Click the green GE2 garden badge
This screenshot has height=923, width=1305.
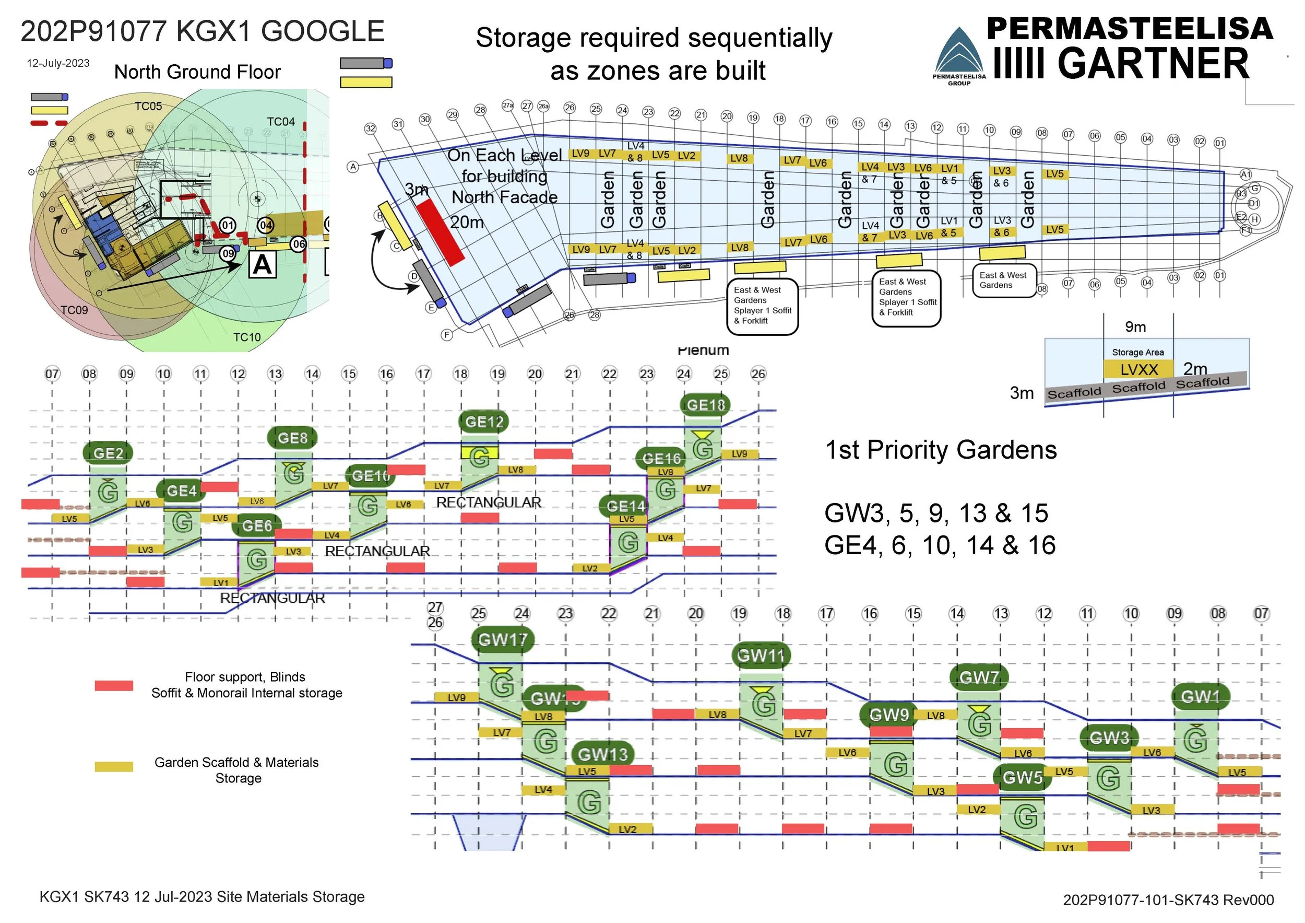108,453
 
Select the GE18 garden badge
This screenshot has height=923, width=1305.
705,405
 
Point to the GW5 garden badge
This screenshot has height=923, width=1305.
1022,777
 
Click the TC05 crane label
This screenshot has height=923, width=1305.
148,107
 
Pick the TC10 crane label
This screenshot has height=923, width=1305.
247,337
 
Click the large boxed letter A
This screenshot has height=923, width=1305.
263,265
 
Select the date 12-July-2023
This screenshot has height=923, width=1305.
58,63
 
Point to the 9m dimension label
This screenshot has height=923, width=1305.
1135,327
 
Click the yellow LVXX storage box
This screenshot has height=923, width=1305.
1138,370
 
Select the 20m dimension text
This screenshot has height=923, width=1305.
467,223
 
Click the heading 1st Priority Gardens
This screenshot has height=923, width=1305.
941,450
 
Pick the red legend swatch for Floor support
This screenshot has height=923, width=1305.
114,685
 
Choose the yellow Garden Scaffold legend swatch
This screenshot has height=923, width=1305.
114,767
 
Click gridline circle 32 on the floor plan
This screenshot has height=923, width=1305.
370,128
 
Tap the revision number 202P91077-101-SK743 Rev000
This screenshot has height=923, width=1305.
1168,899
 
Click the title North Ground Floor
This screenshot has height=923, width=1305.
197,72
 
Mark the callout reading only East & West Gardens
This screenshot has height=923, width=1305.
1003,281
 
